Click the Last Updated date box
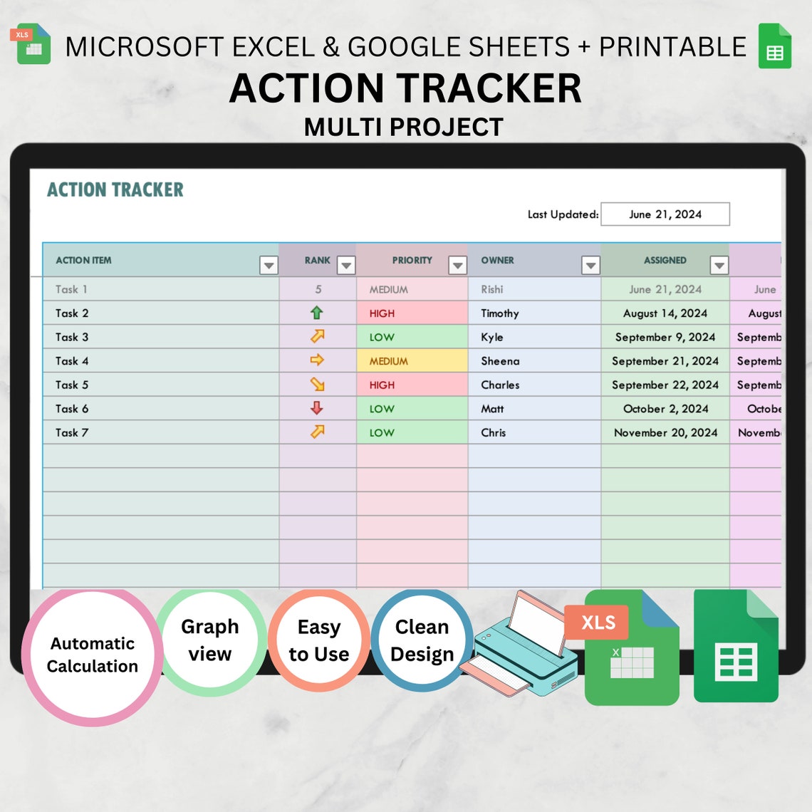(x=665, y=214)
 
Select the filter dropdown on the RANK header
(x=346, y=266)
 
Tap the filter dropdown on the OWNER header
(x=590, y=266)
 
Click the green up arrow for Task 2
(x=317, y=313)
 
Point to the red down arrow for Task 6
(x=317, y=408)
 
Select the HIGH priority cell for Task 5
(x=412, y=385)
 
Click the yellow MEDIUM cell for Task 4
(x=412, y=361)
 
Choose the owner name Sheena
(x=500, y=361)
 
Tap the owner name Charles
(x=500, y=385)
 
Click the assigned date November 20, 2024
(x=665, y=432)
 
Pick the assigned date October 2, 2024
(x=665, y=409)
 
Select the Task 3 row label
(x=72, y=337)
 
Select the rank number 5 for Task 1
(x=318, y=289)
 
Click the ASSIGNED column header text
(x=665, y=261)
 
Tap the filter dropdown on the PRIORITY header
(x=457, y=266)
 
